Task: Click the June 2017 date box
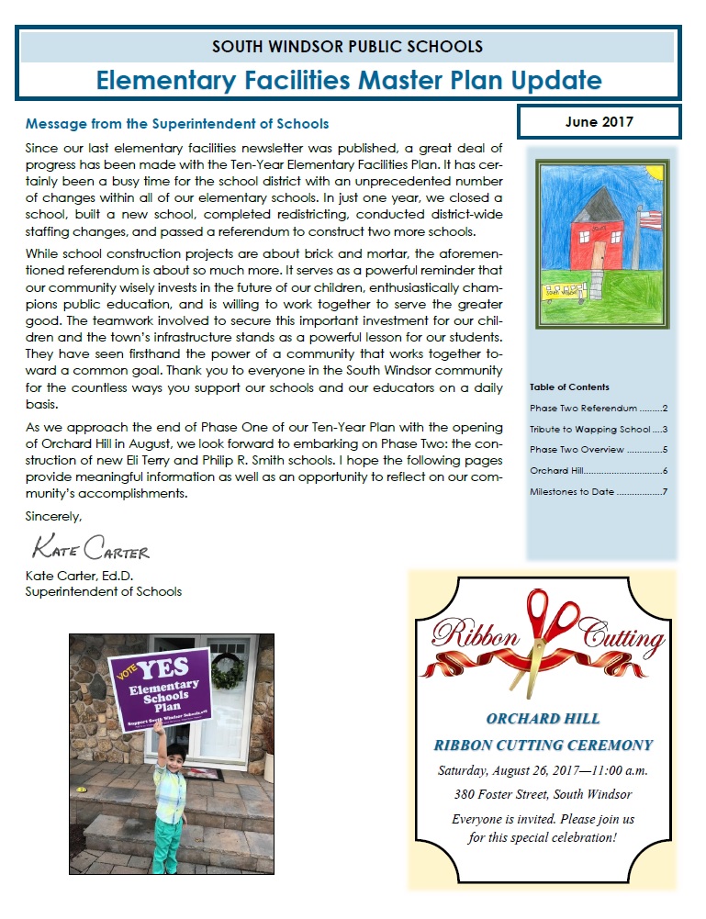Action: pos(600,121)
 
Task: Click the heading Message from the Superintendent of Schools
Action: pos(177,123)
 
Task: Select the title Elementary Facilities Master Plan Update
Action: pos(349,79)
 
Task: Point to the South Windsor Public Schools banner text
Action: pos(347,46)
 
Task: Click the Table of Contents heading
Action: pos(569,387)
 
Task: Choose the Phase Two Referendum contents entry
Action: pos(598,408)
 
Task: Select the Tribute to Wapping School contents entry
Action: pos(598,429)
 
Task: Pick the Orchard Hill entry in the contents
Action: pos(598,471)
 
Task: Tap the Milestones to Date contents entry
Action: pos(598,492)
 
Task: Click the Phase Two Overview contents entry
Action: pos(598,450)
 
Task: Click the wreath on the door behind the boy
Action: pos(228,673)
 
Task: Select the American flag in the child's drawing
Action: pos(648,219)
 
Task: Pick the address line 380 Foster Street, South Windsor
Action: pos(543,794)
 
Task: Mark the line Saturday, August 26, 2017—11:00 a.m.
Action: pos(543,769)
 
